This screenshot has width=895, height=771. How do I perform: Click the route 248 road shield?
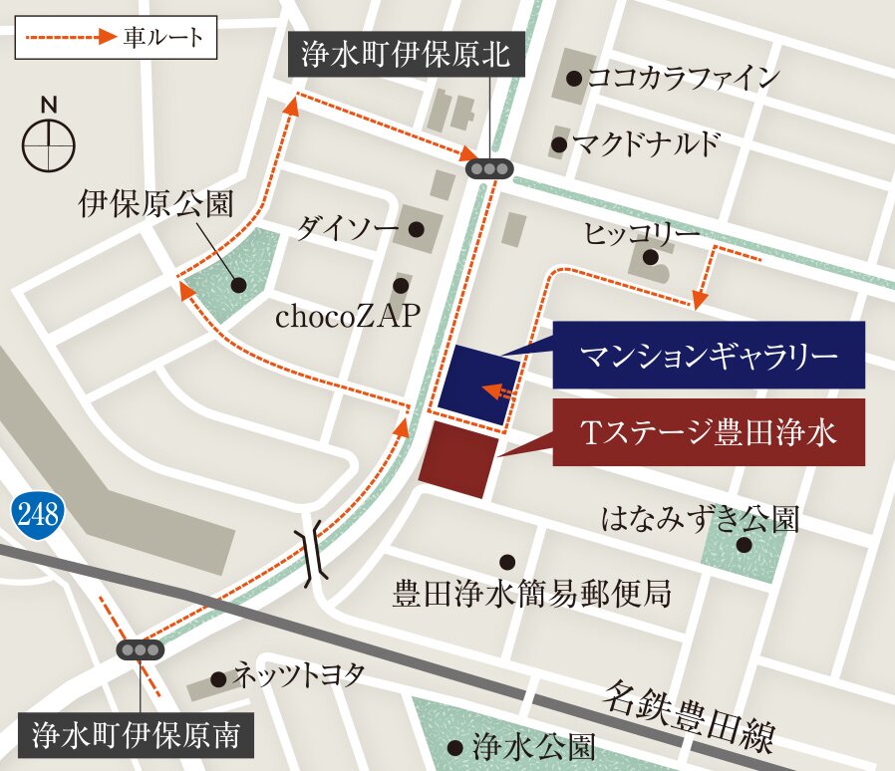click(38, 515)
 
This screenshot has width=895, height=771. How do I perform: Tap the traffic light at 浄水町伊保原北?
click(488, 169)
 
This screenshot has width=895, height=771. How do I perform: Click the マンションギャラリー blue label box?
click(709, 355)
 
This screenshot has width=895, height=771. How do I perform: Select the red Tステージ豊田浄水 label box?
click(709, 431)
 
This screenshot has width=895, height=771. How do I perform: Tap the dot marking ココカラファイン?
click(573, 78)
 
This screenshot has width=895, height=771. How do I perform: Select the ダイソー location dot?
click(417, 229)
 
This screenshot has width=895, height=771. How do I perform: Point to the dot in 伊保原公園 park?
click(239, 285)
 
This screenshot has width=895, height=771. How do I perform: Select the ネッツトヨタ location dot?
click(218, 679)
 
